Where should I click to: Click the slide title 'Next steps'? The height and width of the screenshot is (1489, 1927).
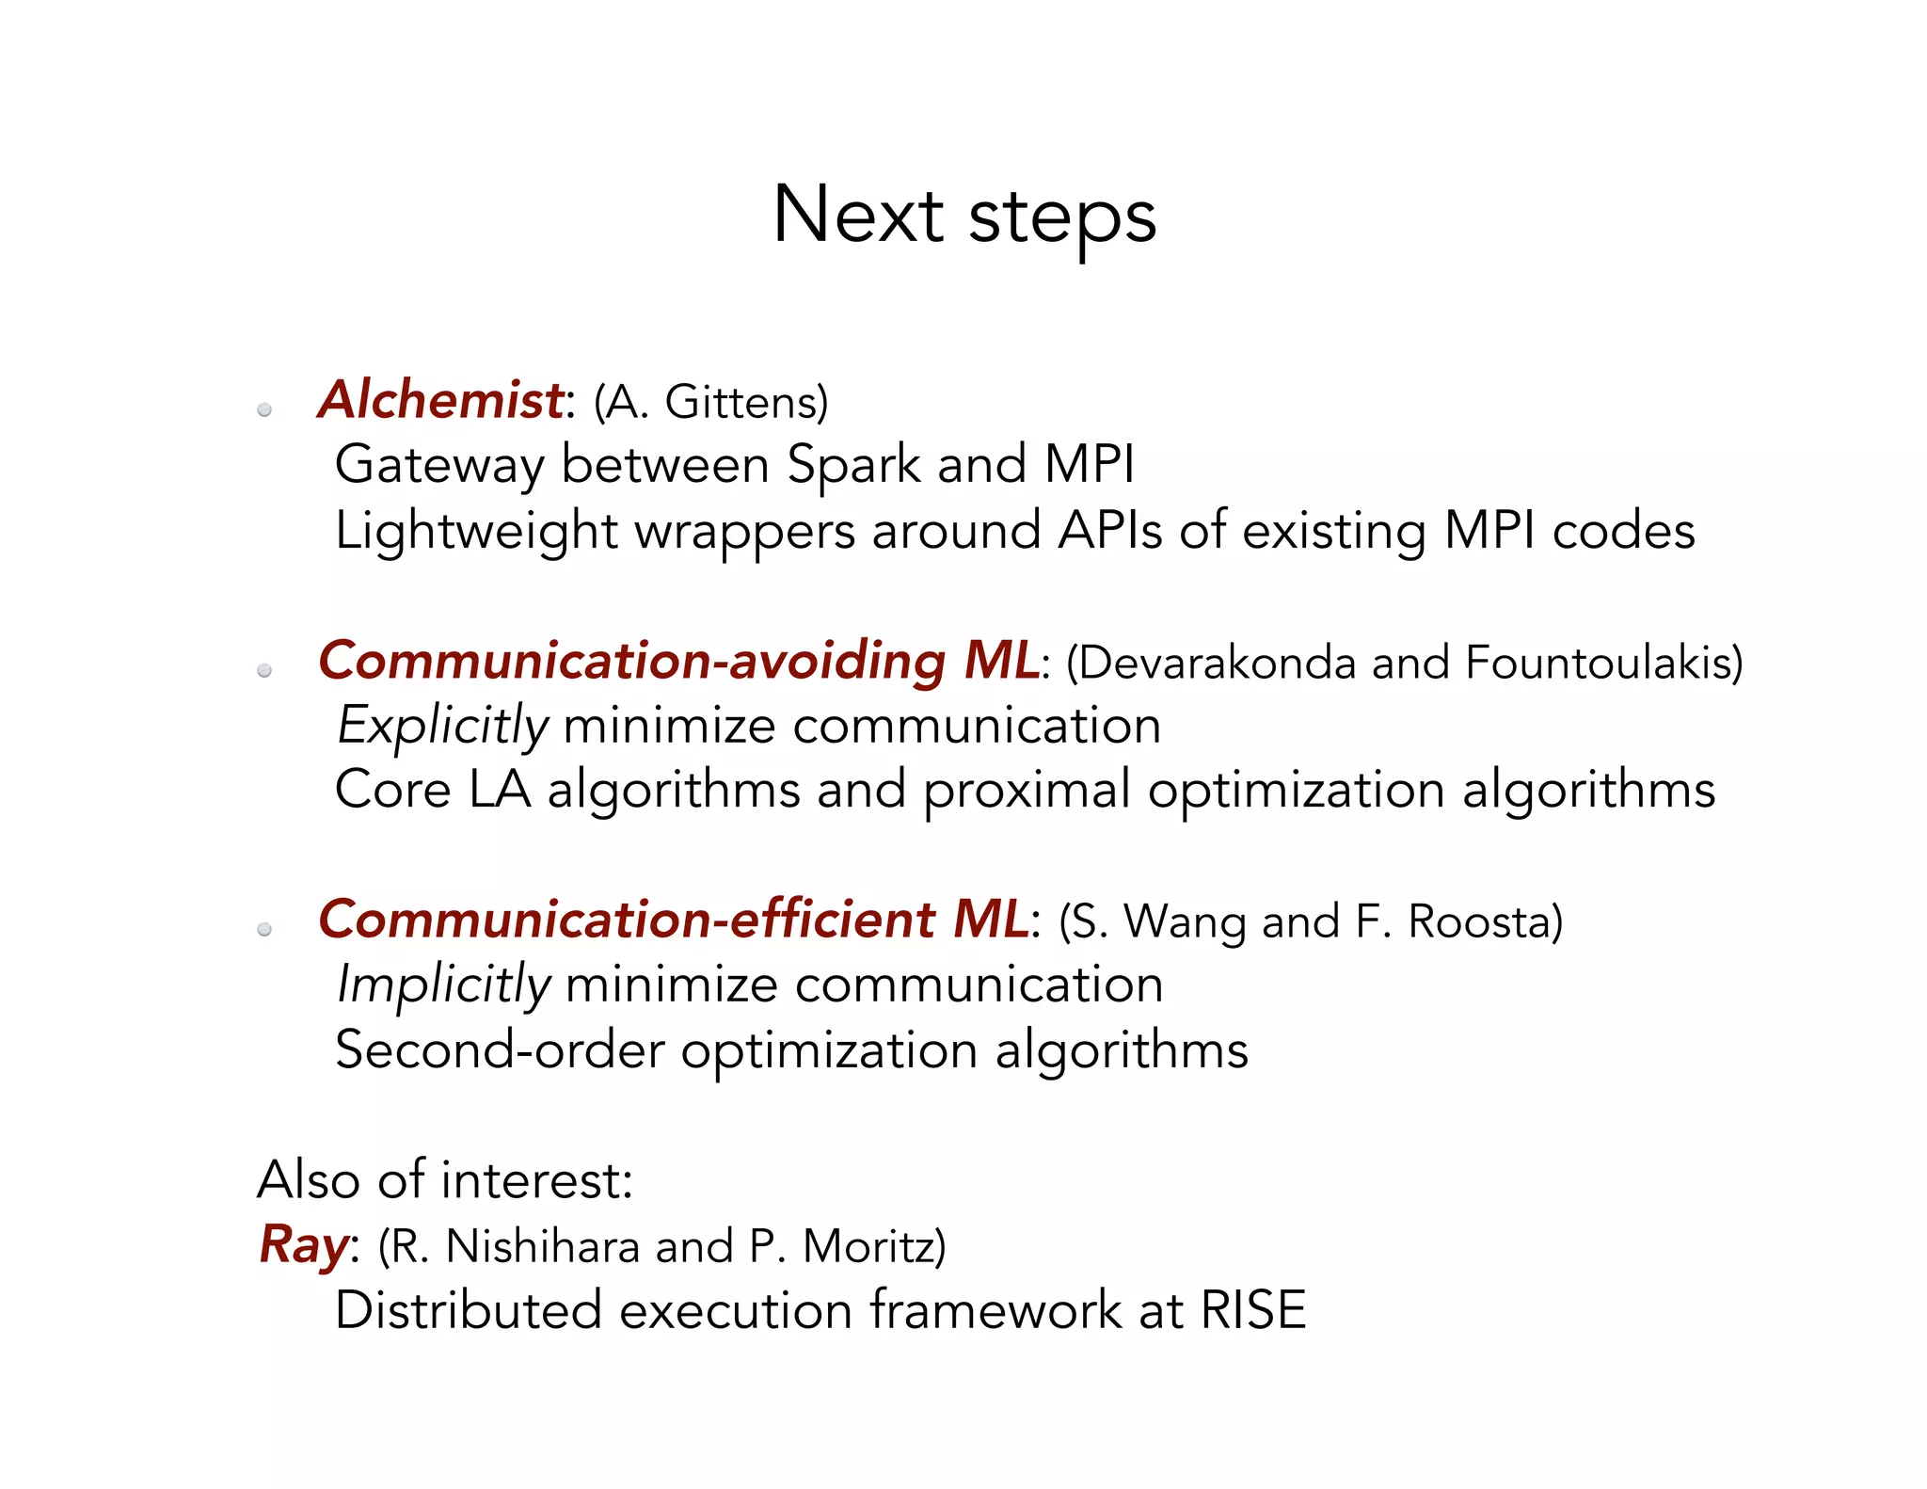tap(963, 216)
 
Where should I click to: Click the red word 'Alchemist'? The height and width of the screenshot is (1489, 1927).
tap(440, 399)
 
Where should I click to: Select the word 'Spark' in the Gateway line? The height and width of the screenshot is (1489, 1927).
tap(853, 465)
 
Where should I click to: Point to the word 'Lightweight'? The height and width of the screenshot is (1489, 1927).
tap(476, 531)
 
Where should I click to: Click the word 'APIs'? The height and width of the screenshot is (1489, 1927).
tap(1110, 530)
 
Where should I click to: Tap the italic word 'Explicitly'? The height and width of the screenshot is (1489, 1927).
tap(442, 726)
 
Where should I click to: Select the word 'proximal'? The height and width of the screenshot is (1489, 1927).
tap(1027, 790)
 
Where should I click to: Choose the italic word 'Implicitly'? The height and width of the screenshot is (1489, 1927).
tap(443, 985)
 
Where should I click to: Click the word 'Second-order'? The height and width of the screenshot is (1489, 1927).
tap(500, 1049)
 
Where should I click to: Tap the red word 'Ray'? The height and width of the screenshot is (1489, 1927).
tap(303, 1244)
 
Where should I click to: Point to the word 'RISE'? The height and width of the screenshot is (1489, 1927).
tap(1253, 1310)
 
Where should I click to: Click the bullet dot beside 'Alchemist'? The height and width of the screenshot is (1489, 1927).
tap(264, 409)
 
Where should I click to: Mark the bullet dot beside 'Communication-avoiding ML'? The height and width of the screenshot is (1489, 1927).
tap(264, 670)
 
